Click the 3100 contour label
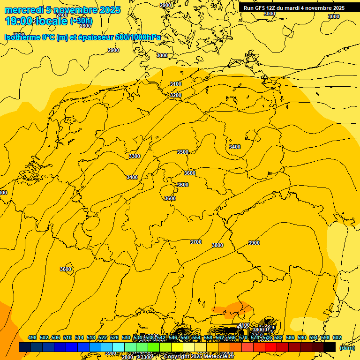coord(176,84)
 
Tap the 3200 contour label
coord(175,95)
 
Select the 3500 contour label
coord(183,152)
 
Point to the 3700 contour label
coord(196,242)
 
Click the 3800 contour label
coord(217,245)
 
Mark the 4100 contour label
coord(244,325)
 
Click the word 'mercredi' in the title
coord(24,10)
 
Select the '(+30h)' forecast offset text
coord(81,21)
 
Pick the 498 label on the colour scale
coord(32,337)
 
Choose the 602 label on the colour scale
coord(337,337)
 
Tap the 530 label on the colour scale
coord(126,337)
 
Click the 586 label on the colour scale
coord(290,337)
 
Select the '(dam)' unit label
coord(347,347)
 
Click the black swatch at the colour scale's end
coord(330,347)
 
